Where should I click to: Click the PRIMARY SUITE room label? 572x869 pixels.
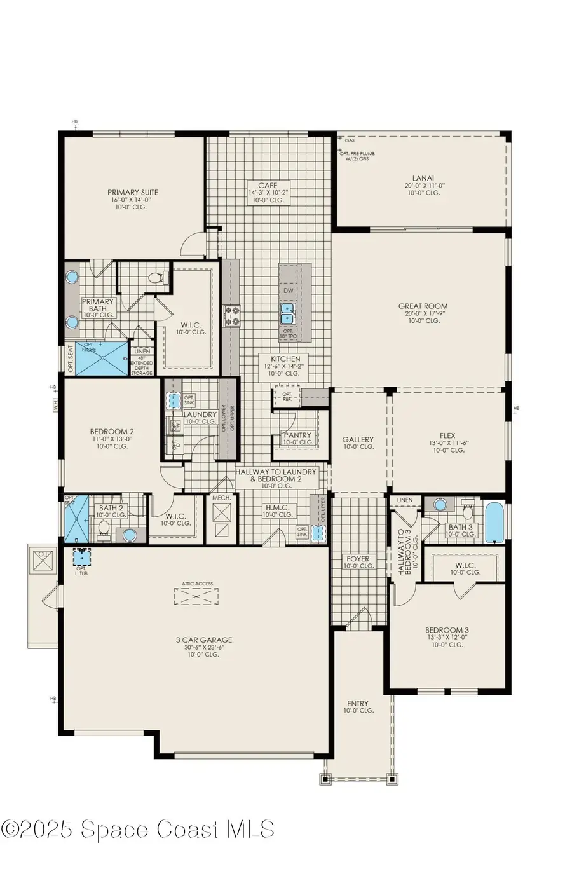[x=133, y=193]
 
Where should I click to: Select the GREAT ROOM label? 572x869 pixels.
[x=423, y=306]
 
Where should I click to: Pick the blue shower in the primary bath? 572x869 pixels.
[x=102, y=357]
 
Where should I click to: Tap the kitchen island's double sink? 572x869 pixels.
[x=287, y=313]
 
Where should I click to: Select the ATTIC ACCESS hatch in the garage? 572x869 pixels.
[x=196, y=598]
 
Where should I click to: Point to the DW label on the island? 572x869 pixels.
[x=288, y=291]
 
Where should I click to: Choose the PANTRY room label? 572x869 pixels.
[x=297, y=435]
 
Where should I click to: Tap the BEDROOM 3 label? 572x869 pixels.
[x=447, y=631]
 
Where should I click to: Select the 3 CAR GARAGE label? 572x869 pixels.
[x=204, y=640]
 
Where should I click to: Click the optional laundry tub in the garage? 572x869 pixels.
[x=81, y=558]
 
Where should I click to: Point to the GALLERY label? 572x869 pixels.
[x=358, y=439]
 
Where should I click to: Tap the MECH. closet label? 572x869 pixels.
[x=221, y=498]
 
